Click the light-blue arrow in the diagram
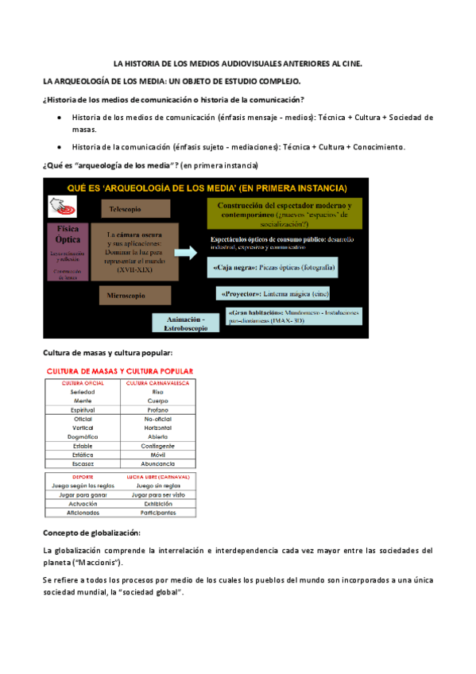pyautogui.click(x=184, y=253)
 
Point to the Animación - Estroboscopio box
pyautogui.click(x=185, y=323)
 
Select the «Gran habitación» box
pyautogui.click(x=293, y=316)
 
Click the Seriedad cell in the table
pyautogui.click(x=83, y=392)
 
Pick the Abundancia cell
pyautogui.click(x=158, y=463)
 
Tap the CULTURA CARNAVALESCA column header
pyautogui.click(x=158, y=383)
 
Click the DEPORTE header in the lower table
pyautogui.click(x=83, y=477)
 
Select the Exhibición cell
pyautogui.click(x=158, y=503)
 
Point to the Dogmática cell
pyautogui.click(x=83, y=436)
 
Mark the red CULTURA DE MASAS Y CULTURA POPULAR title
pyautogui.click(x=120, y=371)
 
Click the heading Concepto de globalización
pyautogui.click(x=91, y=532)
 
